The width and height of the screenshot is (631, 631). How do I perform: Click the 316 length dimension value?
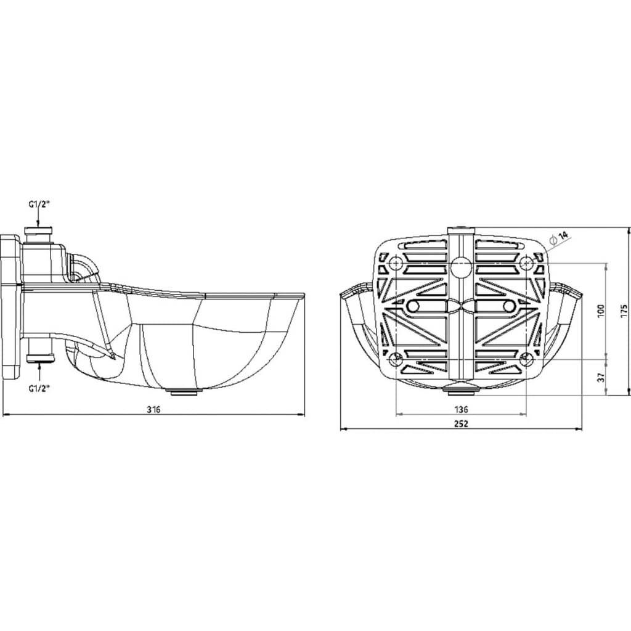pos(153,410)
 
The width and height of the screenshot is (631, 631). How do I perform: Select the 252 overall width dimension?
pos(461,424)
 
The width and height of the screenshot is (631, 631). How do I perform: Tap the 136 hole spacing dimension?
pos(461,409)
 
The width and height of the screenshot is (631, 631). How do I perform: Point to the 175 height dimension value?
pos(624,311)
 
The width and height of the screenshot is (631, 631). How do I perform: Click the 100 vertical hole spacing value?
pos(601,311)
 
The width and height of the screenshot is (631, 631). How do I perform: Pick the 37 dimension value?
pos(601,377)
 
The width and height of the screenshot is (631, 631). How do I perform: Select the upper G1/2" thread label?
pos(39,205)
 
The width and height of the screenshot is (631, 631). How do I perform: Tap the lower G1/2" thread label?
pos(39,389)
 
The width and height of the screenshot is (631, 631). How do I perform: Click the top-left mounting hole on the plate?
pos(396,264)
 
